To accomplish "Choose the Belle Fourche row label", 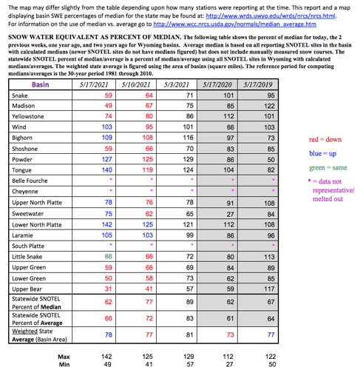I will (30, 181).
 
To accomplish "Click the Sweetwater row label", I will (28, 212).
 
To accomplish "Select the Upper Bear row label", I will (27, 288).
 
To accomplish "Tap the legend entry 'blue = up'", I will (322, 153).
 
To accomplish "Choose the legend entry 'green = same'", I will (325, 168).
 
